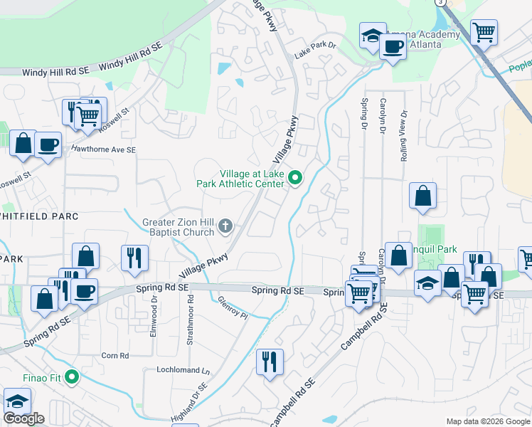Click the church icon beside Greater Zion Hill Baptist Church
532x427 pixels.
225,227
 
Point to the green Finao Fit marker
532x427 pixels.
71,376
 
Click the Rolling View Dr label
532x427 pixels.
403,135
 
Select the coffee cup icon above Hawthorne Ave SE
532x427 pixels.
48,144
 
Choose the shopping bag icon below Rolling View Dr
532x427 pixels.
422,196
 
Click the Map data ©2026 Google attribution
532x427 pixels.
487,421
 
